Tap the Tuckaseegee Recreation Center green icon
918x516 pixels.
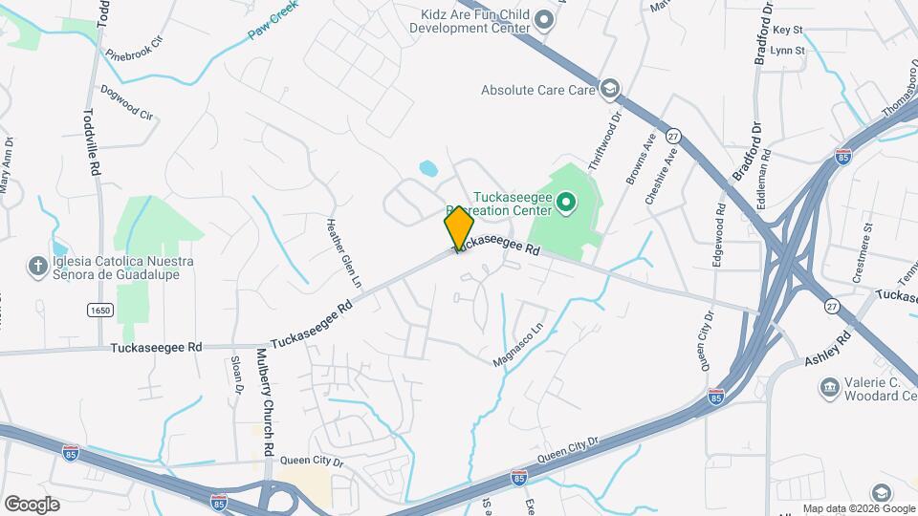[564, 202]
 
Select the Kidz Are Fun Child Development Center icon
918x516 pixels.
[544, 19]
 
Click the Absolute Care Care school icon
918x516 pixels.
[608, 90]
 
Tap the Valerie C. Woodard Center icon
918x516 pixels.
[829, 387]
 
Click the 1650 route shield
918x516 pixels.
[98, 310]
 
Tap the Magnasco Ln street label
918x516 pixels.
[517, 343]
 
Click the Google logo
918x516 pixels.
[32, 504]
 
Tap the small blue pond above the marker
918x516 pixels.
[427, 169]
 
